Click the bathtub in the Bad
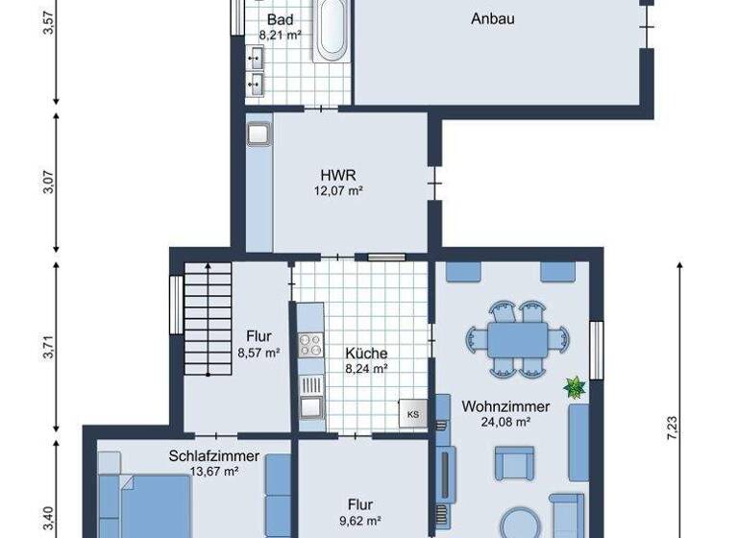(x=333, y=29)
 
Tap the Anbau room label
(x=493, y=18)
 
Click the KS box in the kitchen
(x=413, y=413)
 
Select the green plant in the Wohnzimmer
(x=576, y=387)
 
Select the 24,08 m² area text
(x=505, y=421)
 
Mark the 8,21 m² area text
(x=281, y=35)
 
